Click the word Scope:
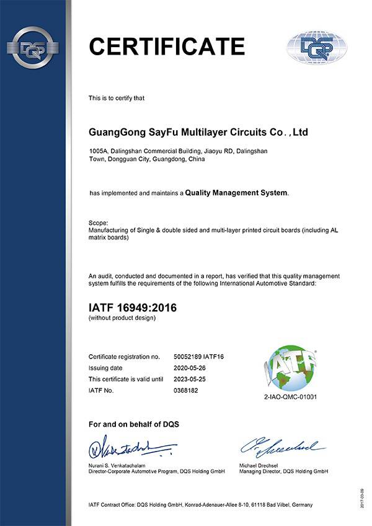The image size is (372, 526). [x=99, y=223]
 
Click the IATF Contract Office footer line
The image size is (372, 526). [x=201, y=505]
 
